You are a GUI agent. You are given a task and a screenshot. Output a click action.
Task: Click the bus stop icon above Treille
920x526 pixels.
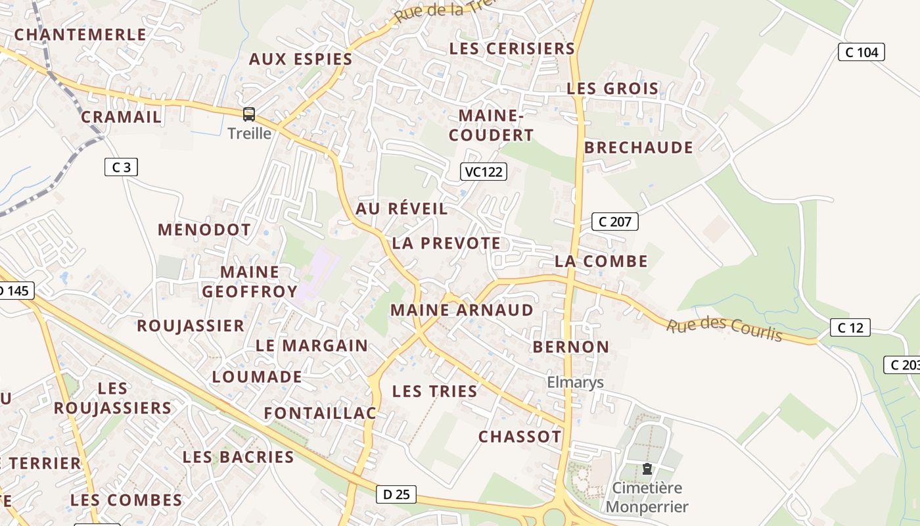[x=249, y=114]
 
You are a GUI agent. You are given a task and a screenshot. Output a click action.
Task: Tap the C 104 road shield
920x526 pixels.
[x=862, y=52]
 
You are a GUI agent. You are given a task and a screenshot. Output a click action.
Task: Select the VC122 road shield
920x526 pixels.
[x=483, y=172]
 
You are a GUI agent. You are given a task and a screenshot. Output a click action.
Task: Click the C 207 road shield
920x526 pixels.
[x=615, y=222]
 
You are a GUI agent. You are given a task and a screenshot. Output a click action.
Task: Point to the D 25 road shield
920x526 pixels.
[x=396, y=494]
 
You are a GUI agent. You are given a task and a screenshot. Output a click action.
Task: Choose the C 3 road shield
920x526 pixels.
[x=122, y=167]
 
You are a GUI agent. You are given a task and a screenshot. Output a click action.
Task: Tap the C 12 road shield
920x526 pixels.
[x=850, y=327]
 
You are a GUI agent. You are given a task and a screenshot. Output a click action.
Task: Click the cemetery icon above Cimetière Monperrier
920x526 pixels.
[x=647, y=469]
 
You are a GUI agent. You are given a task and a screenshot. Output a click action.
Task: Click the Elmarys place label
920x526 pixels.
[x=575, y=383]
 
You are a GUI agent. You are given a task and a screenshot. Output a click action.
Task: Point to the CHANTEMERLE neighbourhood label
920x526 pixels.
[x=80, y=35]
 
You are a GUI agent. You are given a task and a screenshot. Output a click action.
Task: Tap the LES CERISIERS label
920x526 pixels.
[x=512, y=49]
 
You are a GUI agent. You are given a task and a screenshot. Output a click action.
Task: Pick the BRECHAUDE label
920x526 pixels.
[x=638, y=147]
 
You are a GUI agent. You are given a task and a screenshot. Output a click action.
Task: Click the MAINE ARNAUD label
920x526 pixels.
[x=462, y=310]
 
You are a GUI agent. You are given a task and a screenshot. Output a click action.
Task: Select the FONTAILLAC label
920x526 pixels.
[x=320, y=413]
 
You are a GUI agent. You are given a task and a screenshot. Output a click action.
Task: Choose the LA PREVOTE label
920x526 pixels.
[x=446, y=243]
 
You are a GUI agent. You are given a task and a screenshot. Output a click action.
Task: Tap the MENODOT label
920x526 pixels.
[x=204, y=230]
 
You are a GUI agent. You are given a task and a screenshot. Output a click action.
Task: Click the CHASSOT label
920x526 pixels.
[x=520, y=437]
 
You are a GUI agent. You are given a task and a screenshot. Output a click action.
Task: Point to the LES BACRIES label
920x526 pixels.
[x=238, y=457]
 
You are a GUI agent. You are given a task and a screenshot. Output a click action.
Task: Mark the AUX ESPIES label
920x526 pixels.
[x=300, y=59]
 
